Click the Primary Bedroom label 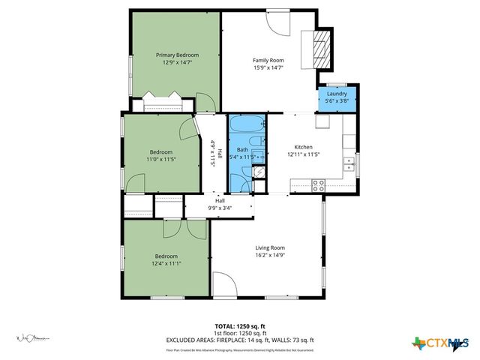[x=177, y=55]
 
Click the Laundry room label [x=336, y=94]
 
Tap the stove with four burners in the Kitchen [x=318, y=183]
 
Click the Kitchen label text [x=303, y=147]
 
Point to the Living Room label [x=270, y=247]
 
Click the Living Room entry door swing [x=222, y=286]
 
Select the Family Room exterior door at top [x=278, y=22]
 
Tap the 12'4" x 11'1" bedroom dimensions [x=167, y=263]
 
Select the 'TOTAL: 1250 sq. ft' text [x=240, y=326]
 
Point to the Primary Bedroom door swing [x=203, y=101]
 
